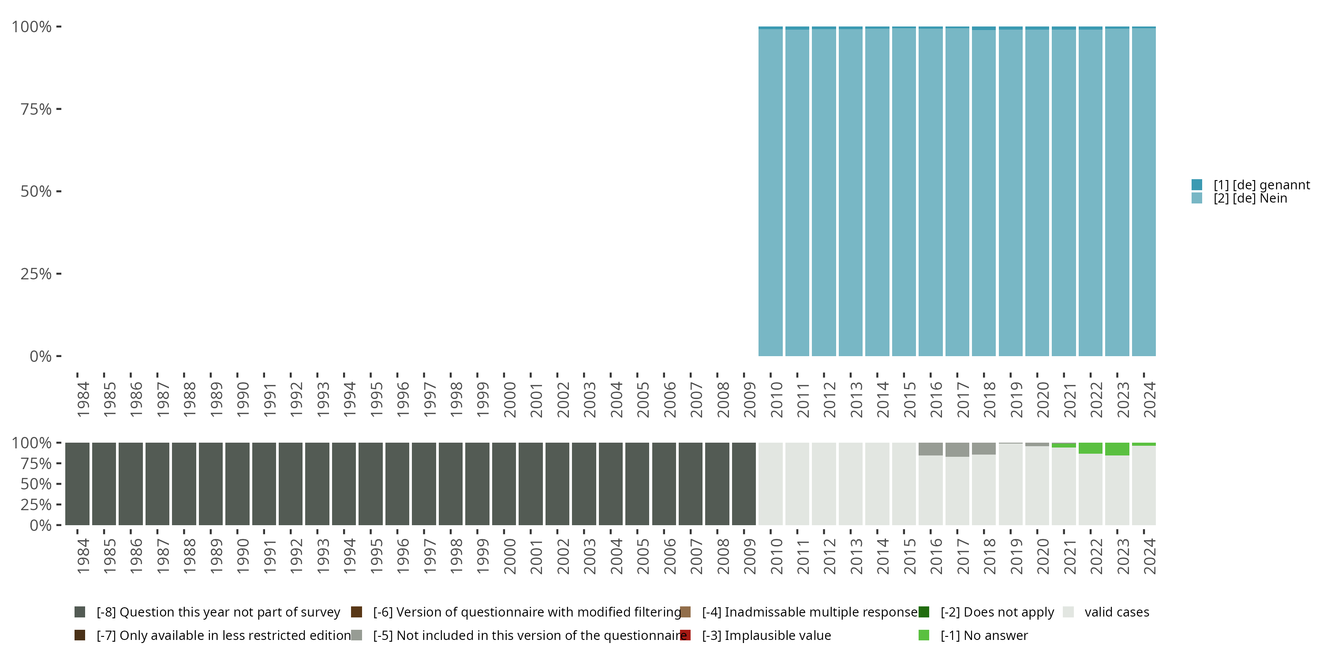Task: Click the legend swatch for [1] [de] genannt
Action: (x=1197, y=184)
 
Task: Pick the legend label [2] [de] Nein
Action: (x=1250, y=199)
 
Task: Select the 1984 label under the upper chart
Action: (x=83, y=399)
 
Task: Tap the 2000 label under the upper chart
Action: (x=509, y=399)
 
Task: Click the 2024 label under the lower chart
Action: (x=1149, y=556)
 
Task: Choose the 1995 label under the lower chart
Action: (x=376, y=556)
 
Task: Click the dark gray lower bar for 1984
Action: (x=77, y=484)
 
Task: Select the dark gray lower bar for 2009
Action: (x=744, y=484)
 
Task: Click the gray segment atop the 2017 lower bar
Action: (x=957, y=450)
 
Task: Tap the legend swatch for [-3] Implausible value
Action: (x=685, y=635)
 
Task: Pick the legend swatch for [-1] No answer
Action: (x=924, y=635)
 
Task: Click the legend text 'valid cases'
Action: (x=1117, y=612)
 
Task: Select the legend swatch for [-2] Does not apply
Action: (x=924, y=612)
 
